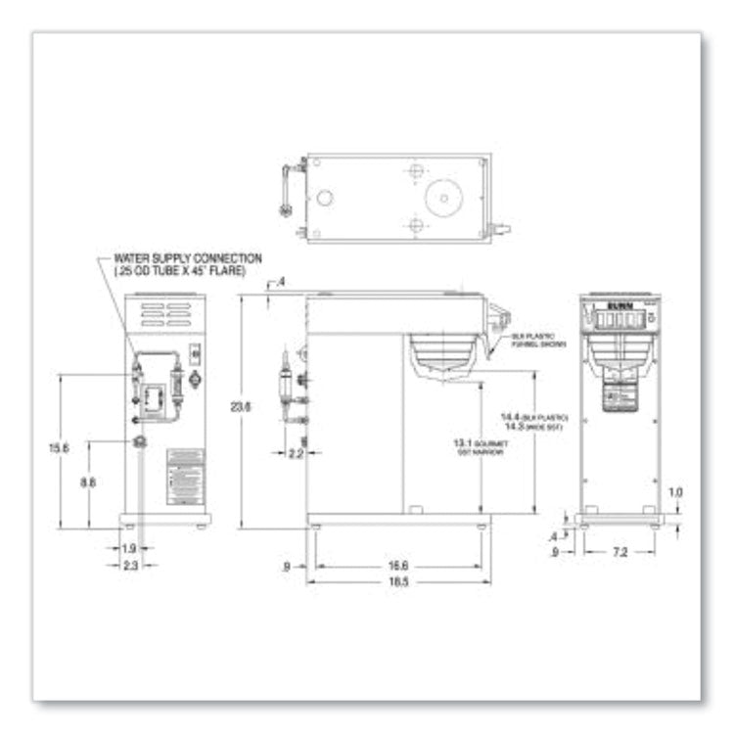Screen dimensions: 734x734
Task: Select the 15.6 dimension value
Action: click(60, 448)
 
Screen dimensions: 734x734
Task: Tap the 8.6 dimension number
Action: click(87, 482)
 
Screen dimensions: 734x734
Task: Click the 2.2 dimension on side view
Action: click(295, 453)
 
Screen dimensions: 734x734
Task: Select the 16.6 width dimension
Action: click(398, 566)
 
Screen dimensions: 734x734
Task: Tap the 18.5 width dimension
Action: click(398, 581)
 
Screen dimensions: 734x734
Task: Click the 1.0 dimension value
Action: click(674, 492)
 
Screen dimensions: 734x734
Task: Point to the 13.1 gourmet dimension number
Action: click(464, 443)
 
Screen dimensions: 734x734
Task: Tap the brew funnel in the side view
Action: click(443, 355)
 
